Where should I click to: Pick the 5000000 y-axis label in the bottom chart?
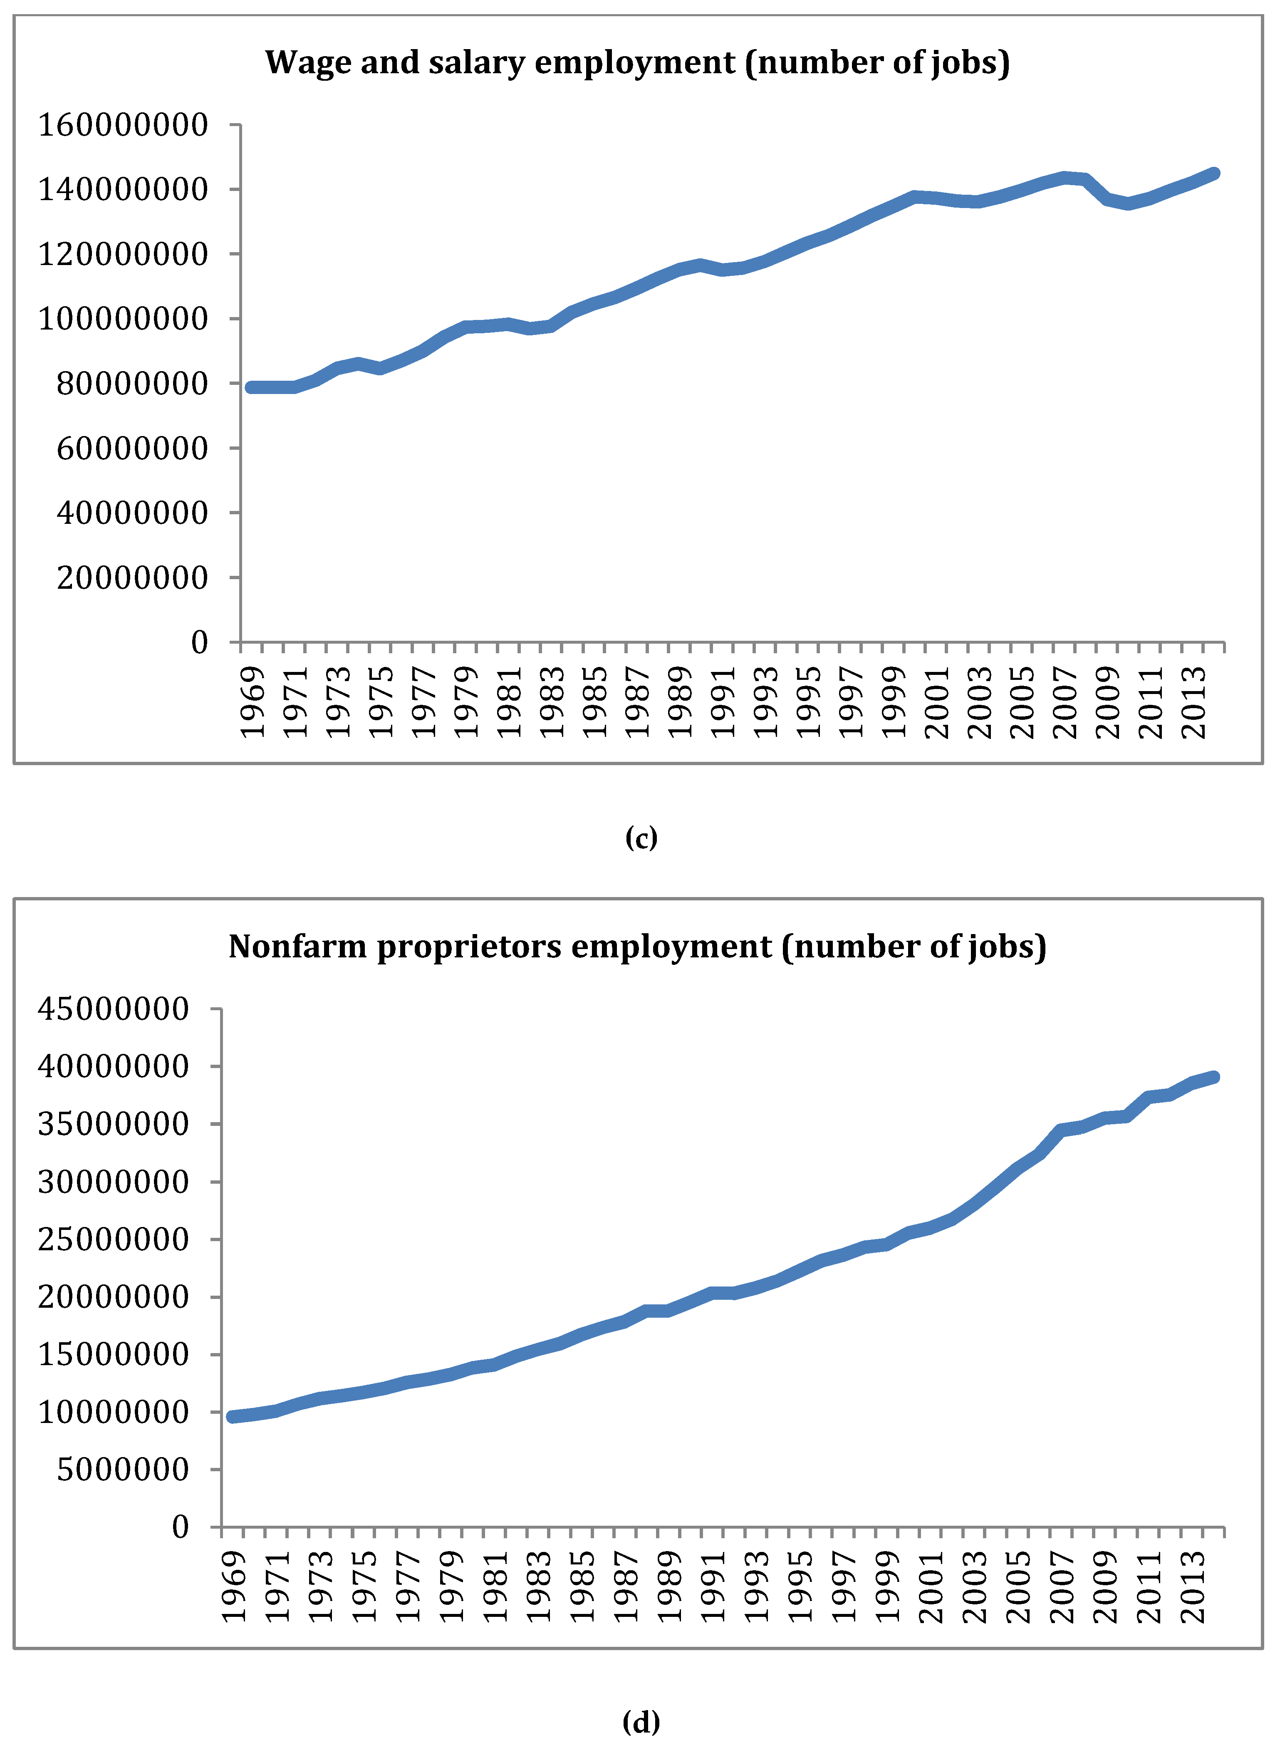coord(122,1469)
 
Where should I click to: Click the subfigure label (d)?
coord(641,1722)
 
